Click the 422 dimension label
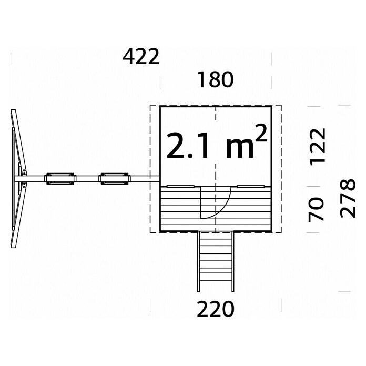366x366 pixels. pos(141,57)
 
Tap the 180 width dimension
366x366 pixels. pos(216,79)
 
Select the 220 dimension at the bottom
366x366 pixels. pos(216,309)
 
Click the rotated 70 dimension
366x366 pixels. pos(316,209)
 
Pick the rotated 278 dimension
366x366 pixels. pos(348,199)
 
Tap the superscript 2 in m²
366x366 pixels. pos(261,133)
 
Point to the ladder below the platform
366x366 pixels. pos(216,262)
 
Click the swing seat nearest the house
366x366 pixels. pos(115,179)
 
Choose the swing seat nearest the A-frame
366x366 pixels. pos(60,179)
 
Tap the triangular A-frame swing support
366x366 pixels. pos(19,179)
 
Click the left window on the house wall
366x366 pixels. pos(180,187)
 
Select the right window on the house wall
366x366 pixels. pos(251,187)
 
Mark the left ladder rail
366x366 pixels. pos(198,262)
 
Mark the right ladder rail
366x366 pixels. pos(233,262)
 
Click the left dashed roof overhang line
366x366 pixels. pos(150,169)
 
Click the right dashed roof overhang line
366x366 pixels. pos(281,169)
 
